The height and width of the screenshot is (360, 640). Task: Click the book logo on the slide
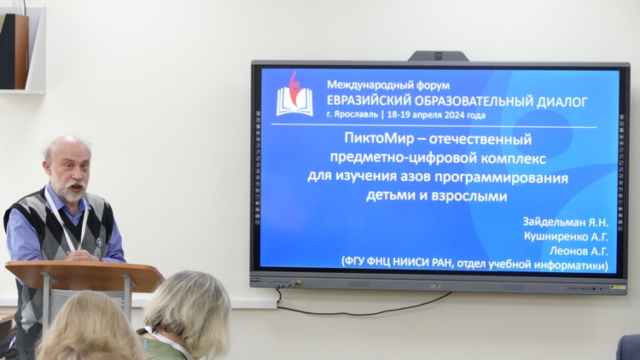[x=294, y=95]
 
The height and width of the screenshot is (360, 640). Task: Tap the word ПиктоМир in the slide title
[x=377, y=138]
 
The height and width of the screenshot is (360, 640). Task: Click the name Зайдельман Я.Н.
[x=565, y=223]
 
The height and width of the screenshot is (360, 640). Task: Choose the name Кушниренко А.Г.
[x=566, y=237]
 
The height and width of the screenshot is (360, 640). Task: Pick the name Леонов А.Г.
[x=579, y=251]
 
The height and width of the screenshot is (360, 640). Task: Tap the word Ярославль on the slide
[x=356, y=114]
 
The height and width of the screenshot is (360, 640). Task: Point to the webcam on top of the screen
[x=438, y=56]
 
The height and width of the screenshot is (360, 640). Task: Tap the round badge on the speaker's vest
[x=99, y=242]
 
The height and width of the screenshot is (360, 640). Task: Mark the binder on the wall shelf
[x=15, y=51]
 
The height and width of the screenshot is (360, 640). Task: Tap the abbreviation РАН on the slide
[x=442, y=264]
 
